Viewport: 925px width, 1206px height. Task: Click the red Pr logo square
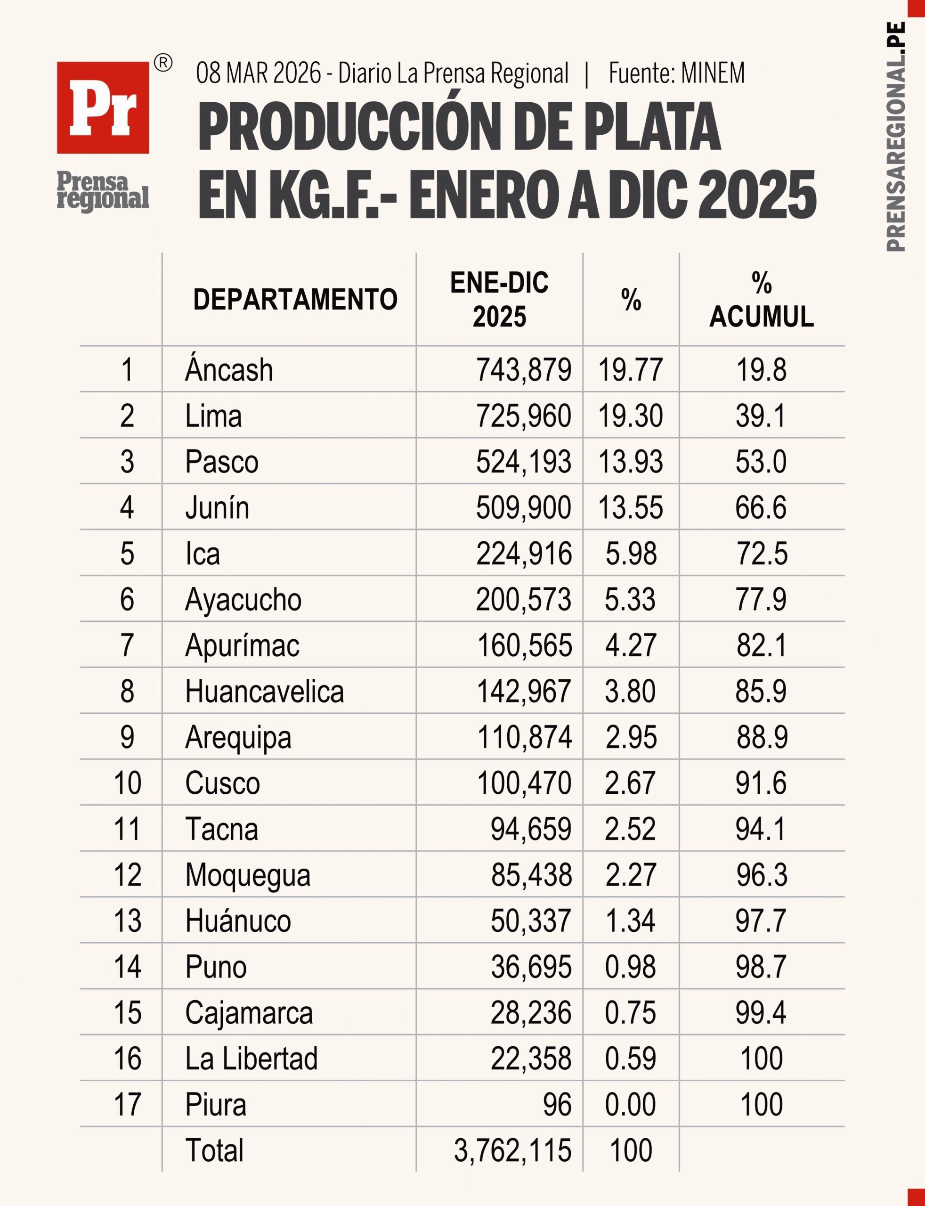(x=103, y=107)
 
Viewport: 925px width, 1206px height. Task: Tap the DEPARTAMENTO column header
(x=295, y=300)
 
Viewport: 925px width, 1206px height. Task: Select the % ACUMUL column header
(x=762, y=300)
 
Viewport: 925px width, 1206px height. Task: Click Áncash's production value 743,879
(x=524, y=369)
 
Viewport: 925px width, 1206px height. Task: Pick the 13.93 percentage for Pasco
(x=631, y=462)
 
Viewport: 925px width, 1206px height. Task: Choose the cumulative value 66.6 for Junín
(x=761, y=507)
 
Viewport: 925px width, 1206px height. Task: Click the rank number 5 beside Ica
(x=127, y=554)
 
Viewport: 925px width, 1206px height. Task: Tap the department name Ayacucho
(x=243, y=600)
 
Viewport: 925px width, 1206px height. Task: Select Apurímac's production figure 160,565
(x=524, y=645)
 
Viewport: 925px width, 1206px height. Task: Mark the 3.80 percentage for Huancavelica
(x=631, y=691)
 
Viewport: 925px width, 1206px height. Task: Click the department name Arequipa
(x=238, y=738)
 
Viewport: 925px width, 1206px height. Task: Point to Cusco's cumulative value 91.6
(x=761, y=783)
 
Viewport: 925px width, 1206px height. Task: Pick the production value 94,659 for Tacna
(x=531, y=829)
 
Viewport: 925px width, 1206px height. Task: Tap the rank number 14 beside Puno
(x=127, y=967)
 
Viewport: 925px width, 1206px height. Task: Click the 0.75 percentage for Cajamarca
(x=631, y=1013)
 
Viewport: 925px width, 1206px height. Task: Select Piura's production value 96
(x=557, y=1105)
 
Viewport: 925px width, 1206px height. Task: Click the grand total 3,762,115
(x=512, y=1150)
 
